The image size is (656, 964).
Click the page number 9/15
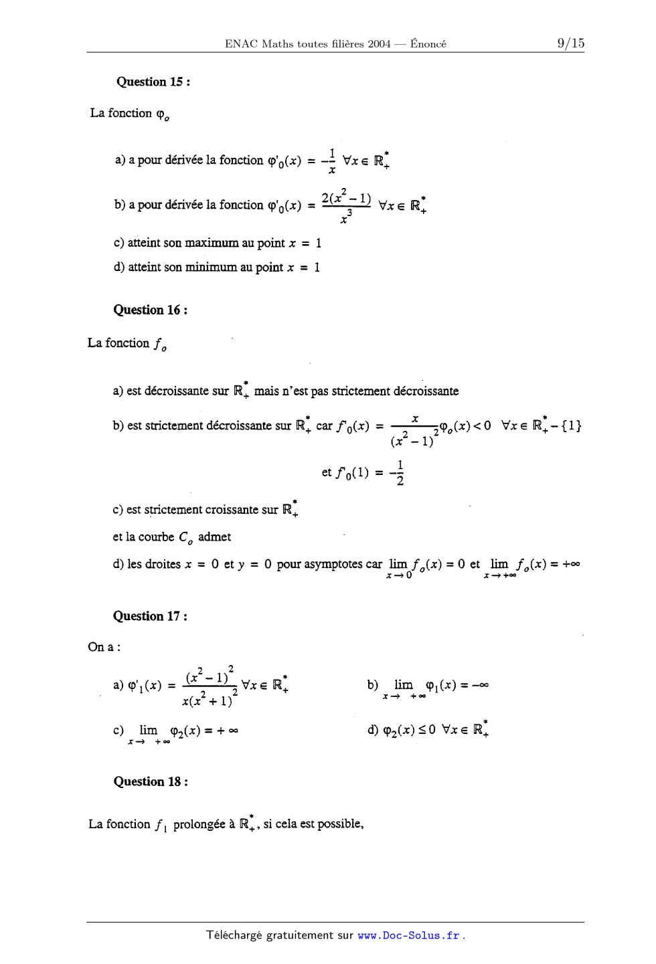click(570, 43)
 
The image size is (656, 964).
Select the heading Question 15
click(153, 82)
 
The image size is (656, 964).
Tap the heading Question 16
click(150, 310)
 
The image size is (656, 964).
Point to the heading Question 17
click(150, 616)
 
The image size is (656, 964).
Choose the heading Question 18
click(150, 781)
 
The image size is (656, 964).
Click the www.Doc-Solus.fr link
click(408, 935)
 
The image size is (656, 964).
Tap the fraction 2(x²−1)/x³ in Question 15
click(346, 206)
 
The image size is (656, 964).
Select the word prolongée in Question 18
click(199, 824)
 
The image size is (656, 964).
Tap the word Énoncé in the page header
click(428, 44)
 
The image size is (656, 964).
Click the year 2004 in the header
click(379, 44)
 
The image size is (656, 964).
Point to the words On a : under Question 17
click(104, 647)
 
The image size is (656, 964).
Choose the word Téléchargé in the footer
click(234, 935)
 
